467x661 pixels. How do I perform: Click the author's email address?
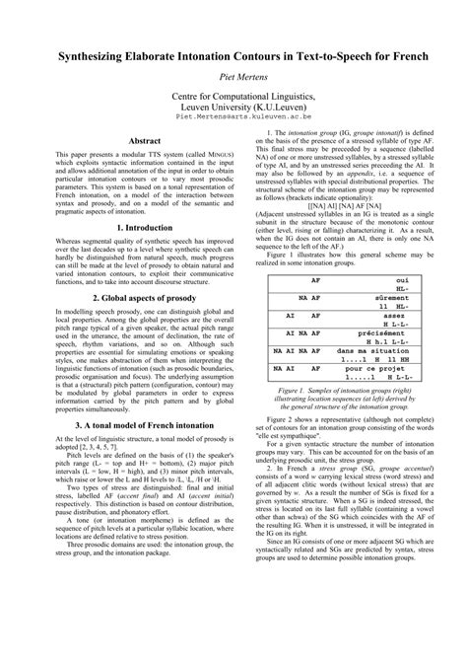click(x=233, y=115)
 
